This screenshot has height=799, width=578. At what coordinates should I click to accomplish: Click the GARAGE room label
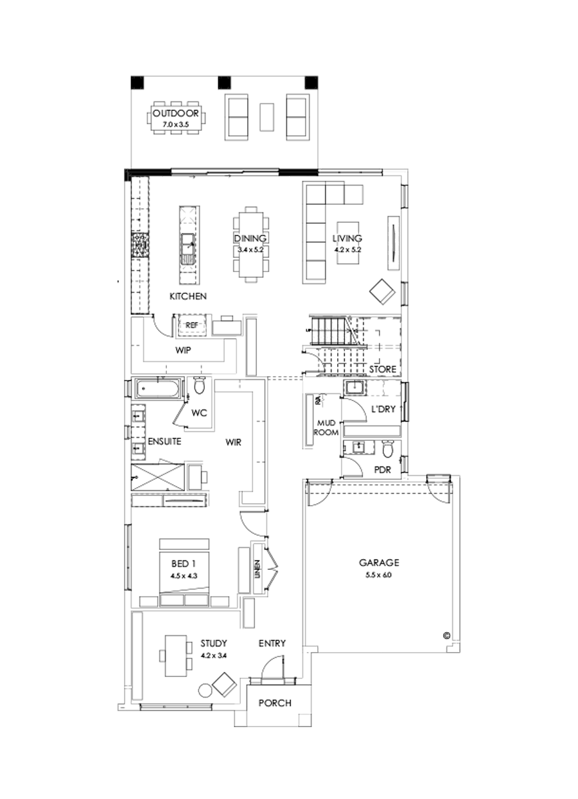[379, 563]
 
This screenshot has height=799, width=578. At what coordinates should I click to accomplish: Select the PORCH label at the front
[274, 703]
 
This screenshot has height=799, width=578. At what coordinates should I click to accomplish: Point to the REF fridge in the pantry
[191, 325]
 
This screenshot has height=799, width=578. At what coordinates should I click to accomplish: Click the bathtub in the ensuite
[158, 390]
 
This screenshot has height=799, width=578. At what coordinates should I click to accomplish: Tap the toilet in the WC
[199, 387]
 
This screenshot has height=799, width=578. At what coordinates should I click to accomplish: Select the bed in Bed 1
[184, 571]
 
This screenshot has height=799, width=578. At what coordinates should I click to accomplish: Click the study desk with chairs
[175, 655]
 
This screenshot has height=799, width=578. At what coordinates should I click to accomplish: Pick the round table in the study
[206, 691]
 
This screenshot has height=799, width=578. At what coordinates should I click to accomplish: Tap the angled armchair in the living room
[381, 291]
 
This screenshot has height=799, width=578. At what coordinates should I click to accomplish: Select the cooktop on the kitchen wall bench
[139, 245]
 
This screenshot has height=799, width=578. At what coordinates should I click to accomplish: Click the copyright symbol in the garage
[446, 636]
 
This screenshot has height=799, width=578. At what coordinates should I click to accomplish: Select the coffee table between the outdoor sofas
[266, 117]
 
